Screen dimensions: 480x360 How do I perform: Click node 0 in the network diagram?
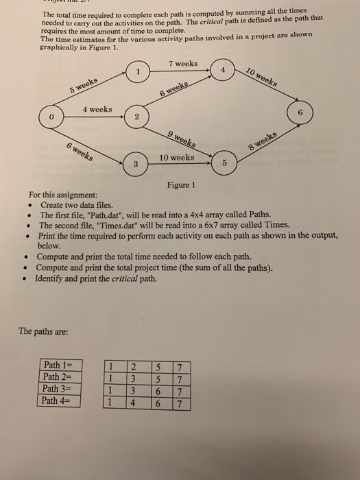(x=49, y=117)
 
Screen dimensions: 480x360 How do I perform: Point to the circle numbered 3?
(x=135, y=163)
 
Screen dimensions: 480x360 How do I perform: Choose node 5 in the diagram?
(x=223, y=164)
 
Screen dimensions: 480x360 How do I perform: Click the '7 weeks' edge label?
(x=182, y=64)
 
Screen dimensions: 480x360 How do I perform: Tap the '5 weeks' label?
(x=84, y=88)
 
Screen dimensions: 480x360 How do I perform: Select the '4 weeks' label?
(x=97, y=109)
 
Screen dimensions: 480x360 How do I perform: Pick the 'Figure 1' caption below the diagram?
(x=181, y=185)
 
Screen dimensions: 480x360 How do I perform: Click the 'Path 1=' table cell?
(x=58, y=365)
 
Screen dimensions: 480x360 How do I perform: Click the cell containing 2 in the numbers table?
(x=134, y=365)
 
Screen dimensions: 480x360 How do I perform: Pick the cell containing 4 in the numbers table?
(x=134, y=402)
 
